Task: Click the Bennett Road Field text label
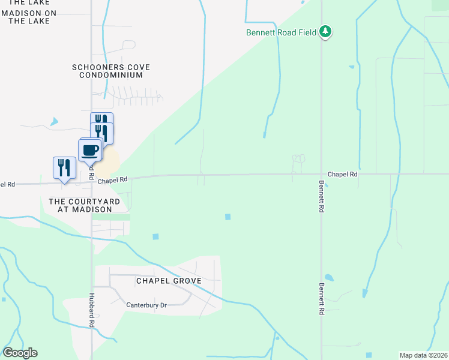pos(280,32)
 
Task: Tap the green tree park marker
pos(325,31)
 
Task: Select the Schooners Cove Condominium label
pos(110,71)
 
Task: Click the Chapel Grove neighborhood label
pos(168,281)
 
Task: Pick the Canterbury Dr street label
pos(146,305)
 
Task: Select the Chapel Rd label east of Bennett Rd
pos(343,173)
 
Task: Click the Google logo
pos(20,353)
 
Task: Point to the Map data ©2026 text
pos(423,355)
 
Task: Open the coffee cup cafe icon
pos(90,151)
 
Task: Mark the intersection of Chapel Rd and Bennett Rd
pos(321,175)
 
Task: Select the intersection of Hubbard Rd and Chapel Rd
pos(92,180)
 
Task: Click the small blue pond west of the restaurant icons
pos(55,122)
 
